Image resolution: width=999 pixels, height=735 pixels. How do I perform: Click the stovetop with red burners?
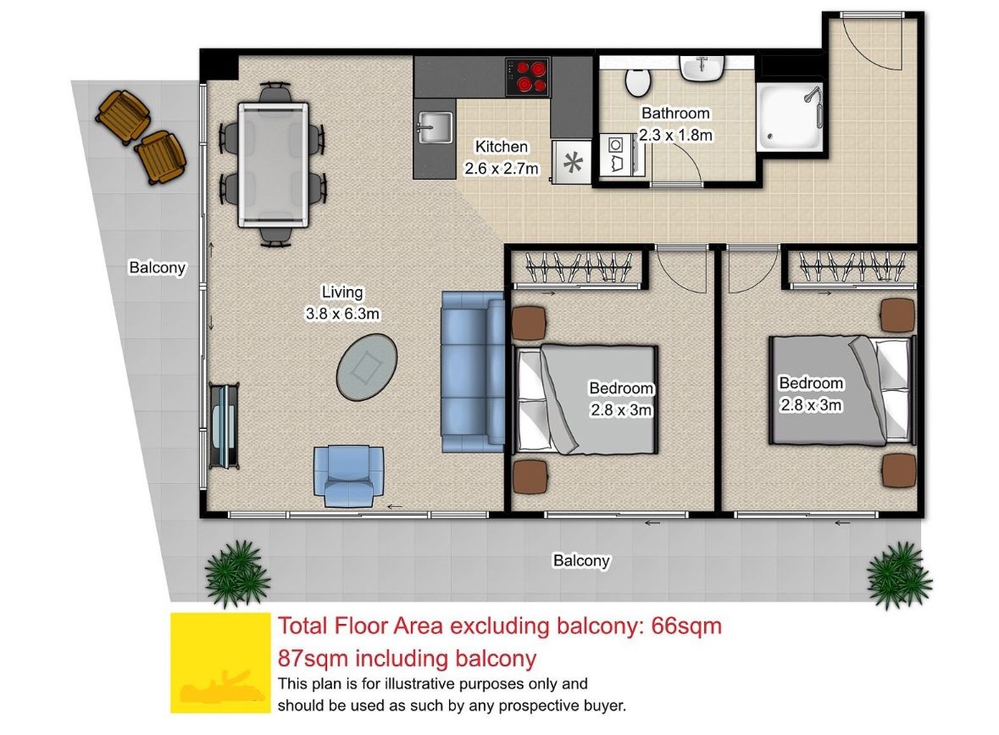pos(528,76)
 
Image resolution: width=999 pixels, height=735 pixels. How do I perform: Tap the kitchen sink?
pos(436,127)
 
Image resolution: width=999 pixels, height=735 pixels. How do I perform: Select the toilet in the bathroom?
pos(638,81)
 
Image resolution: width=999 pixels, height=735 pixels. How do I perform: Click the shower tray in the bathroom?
pos(790,117)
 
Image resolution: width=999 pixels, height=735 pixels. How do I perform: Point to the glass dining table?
pos(274,164)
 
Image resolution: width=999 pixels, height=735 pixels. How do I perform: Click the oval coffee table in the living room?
pos(366,366)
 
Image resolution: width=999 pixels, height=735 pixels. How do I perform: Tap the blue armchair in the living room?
pos(348,476)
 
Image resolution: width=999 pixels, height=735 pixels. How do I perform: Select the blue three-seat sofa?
pos(473,371)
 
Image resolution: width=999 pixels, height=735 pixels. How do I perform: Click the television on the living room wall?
pos(224,426)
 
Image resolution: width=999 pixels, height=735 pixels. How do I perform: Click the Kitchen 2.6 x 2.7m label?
pos(502,158)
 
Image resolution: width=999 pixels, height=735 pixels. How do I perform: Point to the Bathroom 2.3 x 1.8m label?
pos(675,124)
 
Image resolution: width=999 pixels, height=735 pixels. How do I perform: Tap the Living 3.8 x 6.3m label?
pos(342,303)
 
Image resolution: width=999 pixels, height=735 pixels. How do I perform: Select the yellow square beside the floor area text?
pos(220,662)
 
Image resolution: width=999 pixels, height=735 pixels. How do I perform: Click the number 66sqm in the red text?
pos(686,626)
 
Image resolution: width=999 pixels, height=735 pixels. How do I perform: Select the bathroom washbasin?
pos(702,68)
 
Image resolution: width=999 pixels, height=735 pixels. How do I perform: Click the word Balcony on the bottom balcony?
pos(581,560)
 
